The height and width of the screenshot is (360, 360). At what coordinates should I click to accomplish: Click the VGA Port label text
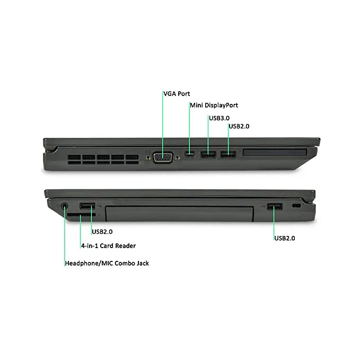[176, 94]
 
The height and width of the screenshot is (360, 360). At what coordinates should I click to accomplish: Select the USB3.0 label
[219, 118]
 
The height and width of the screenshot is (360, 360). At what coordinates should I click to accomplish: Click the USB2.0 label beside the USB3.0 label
[239, 126]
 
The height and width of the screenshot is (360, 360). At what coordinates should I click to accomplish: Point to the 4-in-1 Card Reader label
[108, 245]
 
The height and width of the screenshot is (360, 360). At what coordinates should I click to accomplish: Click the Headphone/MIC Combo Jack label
[107, 263]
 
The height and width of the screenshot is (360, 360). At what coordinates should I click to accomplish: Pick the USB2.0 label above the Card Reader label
[102, 231]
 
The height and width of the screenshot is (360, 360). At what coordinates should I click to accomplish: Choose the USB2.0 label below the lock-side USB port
[285, 238]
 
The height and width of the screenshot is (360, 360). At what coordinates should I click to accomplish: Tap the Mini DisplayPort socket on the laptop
[189, 154]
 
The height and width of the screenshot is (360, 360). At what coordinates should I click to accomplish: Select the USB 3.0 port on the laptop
[208, 154]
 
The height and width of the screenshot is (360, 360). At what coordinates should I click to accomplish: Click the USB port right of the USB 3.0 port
[228, 154]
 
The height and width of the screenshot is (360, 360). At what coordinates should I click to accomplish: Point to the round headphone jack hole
[65, 205]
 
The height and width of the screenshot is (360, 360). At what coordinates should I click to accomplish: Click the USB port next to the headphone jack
[87, 206]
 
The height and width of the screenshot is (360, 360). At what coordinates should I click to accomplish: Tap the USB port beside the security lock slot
[275, 206]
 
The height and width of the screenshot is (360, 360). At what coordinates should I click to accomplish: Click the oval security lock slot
[297, 205]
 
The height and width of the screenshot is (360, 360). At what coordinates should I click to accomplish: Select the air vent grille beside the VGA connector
[111, 158]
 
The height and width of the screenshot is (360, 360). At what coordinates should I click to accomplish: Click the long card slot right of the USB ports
[275, 154]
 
